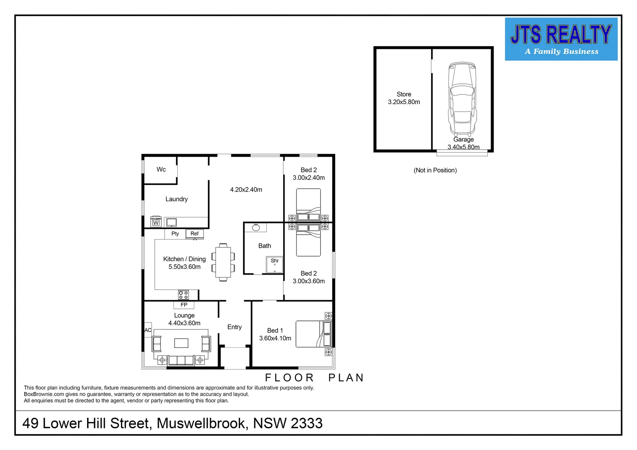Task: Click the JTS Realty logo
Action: pyautogui.click(x=561, y=39)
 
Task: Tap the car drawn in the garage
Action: pyautogui.click(x=462, y=98)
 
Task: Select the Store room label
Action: pyautogui.click(x=404, y=94)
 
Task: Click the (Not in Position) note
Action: pyautogui.click(x=435, y=170)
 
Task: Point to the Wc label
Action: pyautogui.click(x=161, y=169)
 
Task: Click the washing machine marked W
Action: pyautogui.click(x=156, y=222)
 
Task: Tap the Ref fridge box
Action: pyautogui.click(x=195, y=234)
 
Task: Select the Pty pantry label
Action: pyautogui.click(x=175, y=234)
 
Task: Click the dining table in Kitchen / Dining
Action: pyautogui.click(x=223, y=262)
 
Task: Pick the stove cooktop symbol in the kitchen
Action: pyautogui.click(x=183, y=295)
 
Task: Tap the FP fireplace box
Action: pyautogui.click(x=184, y=305)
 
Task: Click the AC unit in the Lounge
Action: pyautogui.click(x=148, y=330)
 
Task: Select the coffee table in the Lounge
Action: pyautogui.click(x=181, y=343)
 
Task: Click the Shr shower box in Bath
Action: pyautogui.click(x=275, y=265)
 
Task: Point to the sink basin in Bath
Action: pyautogui.click(x=256, y=227)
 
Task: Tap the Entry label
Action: pyautogui.click(x=234, y=327)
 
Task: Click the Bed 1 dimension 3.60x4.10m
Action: pyautogui.click(x=275, y=338)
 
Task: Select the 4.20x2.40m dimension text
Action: pyautogui.click(x=246, y=190)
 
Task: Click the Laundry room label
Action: pyautogui.click(x=176, y=199)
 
